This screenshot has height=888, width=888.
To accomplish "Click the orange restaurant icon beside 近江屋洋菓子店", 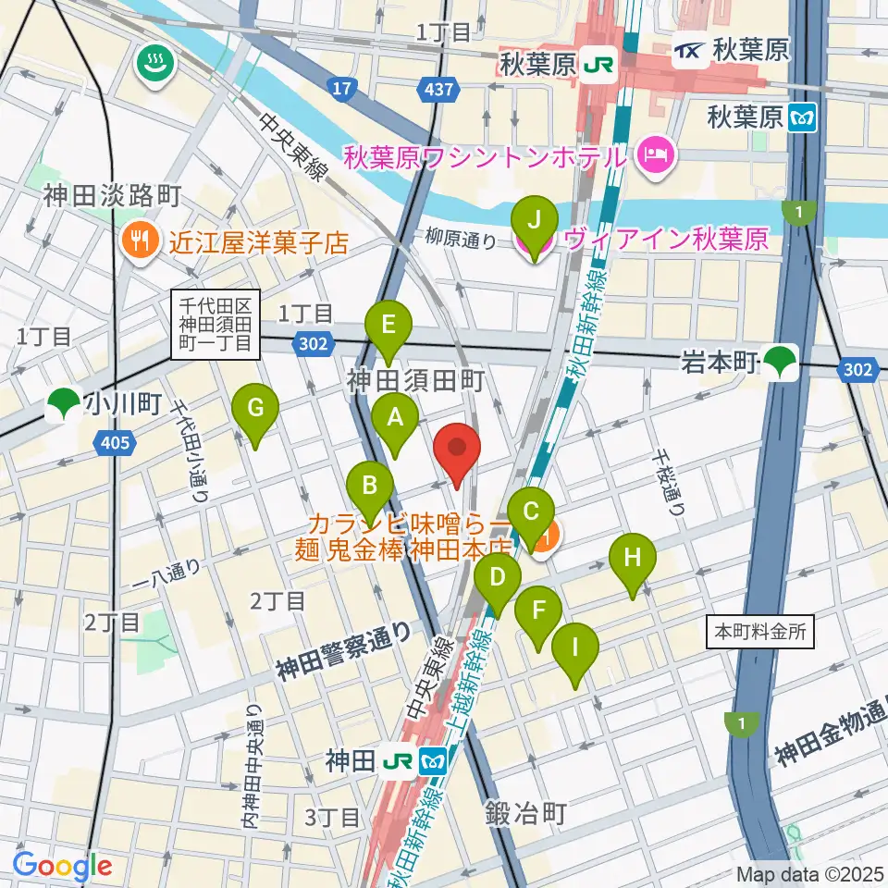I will tap(140, 242).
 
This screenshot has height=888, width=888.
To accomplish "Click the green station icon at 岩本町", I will tap(784, 361).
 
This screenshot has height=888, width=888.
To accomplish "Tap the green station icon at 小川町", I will tap(64, 404).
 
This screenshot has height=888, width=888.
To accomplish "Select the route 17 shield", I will tap(341, 89).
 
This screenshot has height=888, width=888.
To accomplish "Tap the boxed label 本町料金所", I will tap(760, 634).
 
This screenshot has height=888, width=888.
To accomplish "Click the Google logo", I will tap(63, 865).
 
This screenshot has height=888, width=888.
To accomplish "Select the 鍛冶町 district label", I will tap(525, 813).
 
